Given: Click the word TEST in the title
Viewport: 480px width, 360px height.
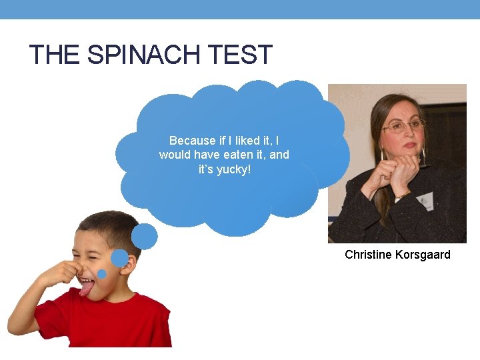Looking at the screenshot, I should click(241, 55).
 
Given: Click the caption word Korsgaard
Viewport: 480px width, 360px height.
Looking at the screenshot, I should click(423, 255).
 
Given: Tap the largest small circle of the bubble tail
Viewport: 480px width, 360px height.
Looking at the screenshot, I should click(145, 236).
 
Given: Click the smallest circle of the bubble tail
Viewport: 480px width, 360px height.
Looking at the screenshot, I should click(102, 274).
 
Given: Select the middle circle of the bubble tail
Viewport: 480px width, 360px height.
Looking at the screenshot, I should click(119, 258).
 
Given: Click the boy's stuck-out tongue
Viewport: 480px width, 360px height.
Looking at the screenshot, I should click(86, 289).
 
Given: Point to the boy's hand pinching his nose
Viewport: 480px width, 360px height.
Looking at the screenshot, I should click(61, 273).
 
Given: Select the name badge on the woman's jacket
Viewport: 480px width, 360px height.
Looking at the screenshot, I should click(425, 199).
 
